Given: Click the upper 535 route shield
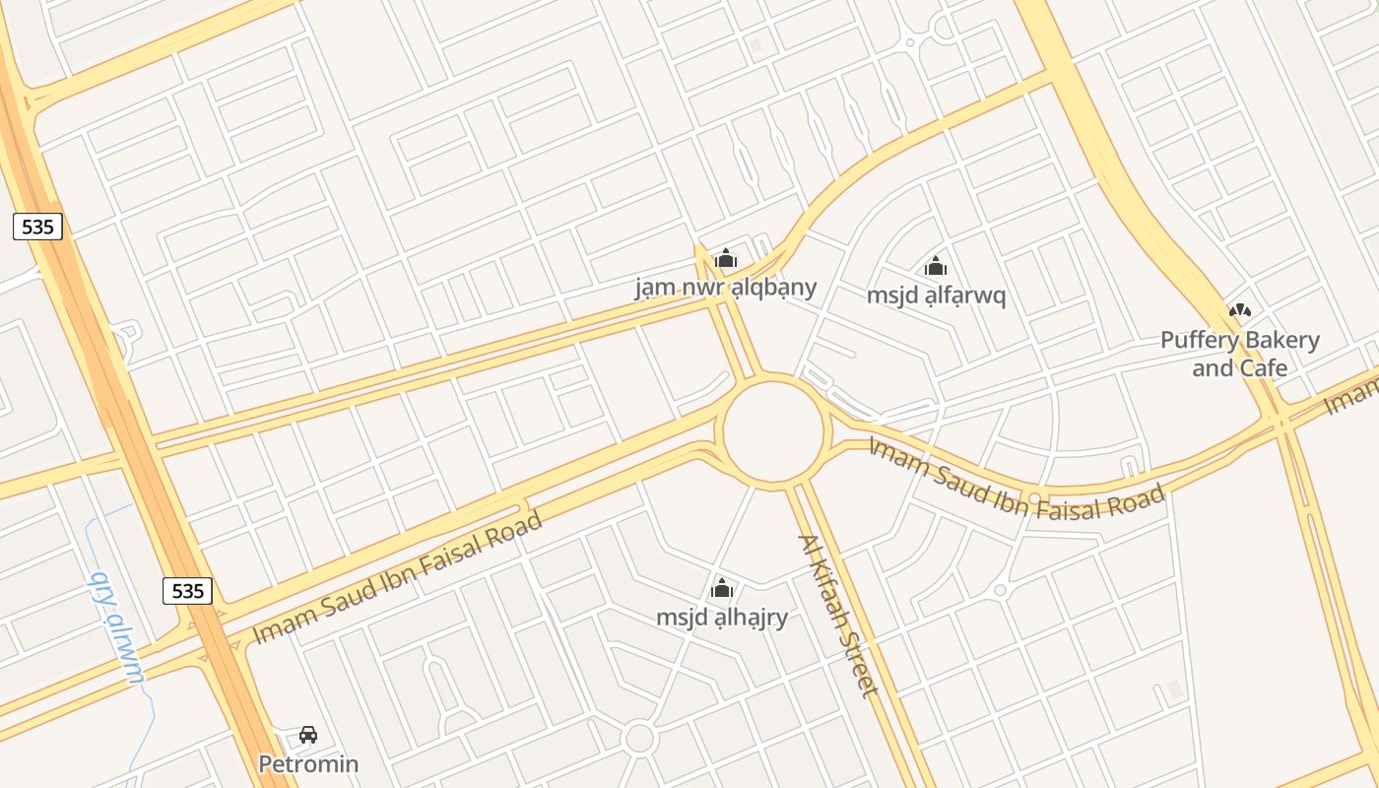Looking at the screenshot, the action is coord(37,227).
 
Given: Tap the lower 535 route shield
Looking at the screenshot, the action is coord(187,590).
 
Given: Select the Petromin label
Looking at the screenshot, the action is coord(308,763).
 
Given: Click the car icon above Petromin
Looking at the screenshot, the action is coord(308,735).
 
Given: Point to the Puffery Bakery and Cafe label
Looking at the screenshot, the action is coord(1239,354).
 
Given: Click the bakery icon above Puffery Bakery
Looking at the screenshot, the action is coord(1239,311).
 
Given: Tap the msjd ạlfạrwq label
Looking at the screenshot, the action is coord(936,295).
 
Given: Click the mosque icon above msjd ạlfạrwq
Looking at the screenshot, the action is coord(936,266).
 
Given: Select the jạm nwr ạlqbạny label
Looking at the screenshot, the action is coord(726,287).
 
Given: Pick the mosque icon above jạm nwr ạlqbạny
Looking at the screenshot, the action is coord(726,259).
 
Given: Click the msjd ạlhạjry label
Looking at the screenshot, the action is coord(722,618).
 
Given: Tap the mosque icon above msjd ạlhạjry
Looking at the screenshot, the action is coord(722,589).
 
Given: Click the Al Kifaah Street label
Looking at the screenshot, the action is coord(837,615).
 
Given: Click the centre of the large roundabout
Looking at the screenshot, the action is coord(773,429).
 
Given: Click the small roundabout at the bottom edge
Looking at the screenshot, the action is coord(639,738).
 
